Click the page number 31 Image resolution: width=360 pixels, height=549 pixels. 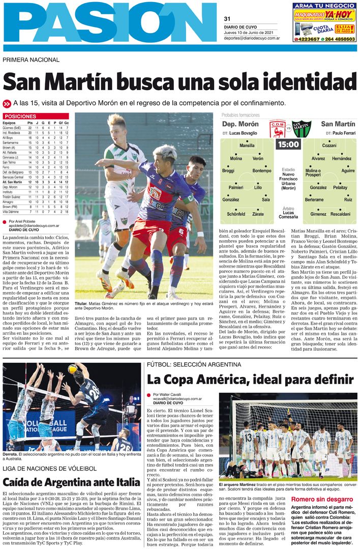pos(227,19)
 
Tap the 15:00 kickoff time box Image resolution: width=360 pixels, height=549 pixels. pos(288,145)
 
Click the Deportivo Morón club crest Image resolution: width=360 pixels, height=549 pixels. pos(278,128)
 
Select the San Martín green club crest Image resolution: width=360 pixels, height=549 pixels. pos(301,128)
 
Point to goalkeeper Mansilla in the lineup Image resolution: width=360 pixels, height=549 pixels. pos(247,146)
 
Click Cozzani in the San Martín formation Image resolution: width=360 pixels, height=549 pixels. pos(329,146)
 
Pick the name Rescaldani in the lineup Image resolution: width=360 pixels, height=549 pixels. pos(340,214)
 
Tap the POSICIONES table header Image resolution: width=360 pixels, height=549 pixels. pos(20,117)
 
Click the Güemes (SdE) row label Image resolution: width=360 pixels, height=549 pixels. pos(11,128)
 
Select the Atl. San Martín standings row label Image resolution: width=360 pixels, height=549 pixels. pos(12,182)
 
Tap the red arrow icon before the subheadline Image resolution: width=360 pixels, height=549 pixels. pos(7,103)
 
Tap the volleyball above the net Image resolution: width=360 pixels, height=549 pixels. pos(72,368)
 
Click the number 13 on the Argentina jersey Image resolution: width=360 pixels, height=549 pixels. pos(247,437)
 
